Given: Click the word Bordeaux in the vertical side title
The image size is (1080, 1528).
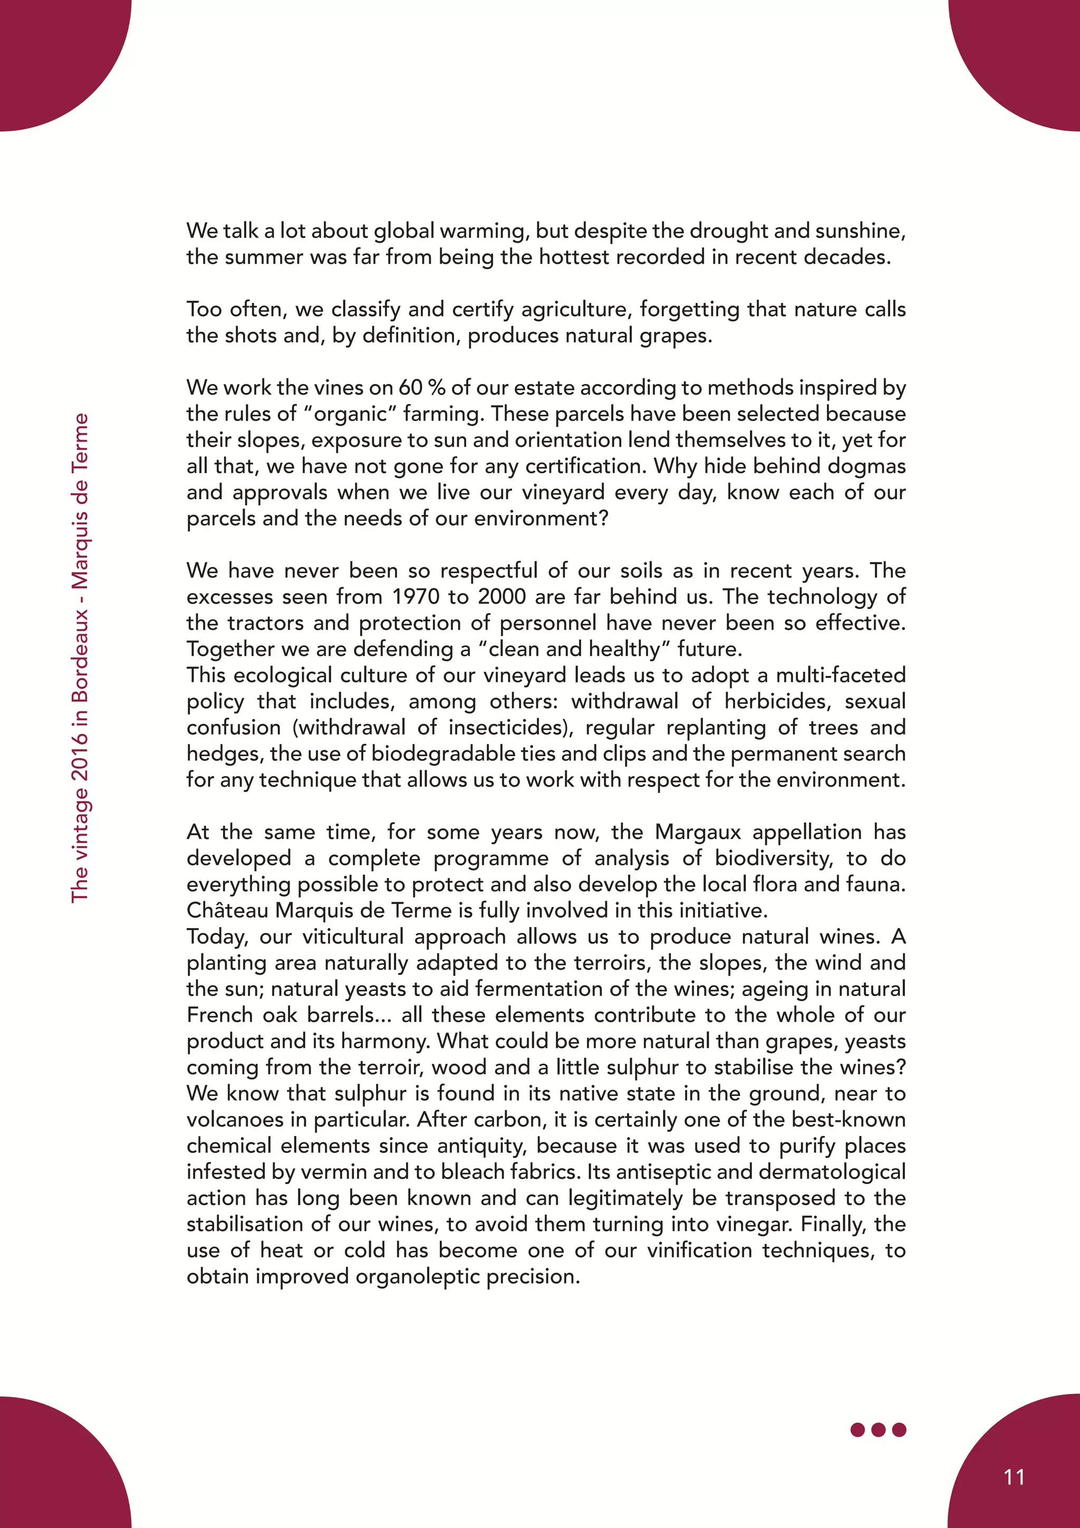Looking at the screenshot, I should pos(80,655).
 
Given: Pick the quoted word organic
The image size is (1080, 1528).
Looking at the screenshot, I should pos(349,414).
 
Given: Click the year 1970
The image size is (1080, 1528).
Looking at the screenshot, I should pos(419,596).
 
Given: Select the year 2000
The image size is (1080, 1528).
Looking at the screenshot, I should pos(502,596).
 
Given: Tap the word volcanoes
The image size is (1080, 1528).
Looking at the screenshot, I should pos(235,1120).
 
